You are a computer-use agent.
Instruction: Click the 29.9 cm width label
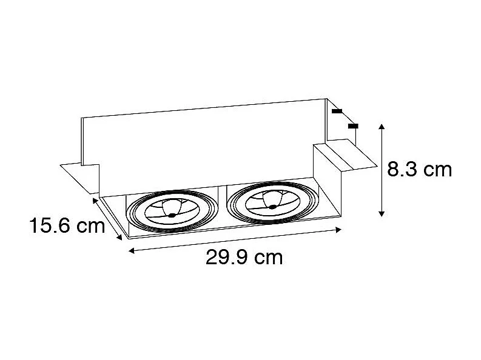click(244, 258)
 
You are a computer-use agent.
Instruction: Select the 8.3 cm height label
click(420, 169)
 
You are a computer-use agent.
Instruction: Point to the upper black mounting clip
click(337, 112)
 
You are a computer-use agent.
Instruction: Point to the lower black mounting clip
click(353, 125)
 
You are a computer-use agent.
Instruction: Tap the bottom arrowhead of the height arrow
click(381, 213)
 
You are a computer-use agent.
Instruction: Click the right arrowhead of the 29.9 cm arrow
click(340, 229)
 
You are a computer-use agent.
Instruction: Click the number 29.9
click(226, 258)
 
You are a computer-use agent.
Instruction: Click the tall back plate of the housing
click(200, 139)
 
